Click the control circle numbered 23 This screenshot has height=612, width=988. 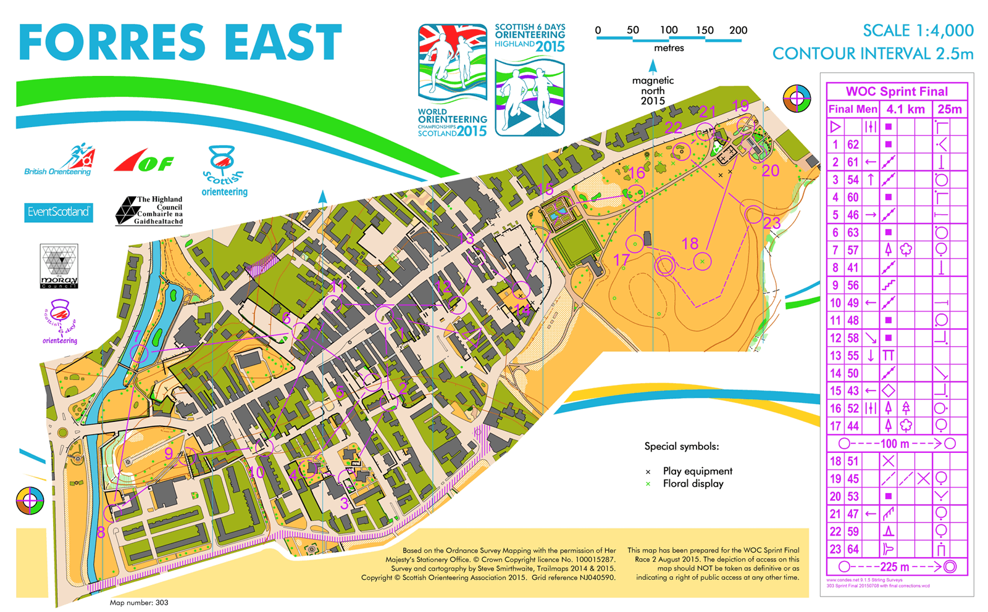point(753,215)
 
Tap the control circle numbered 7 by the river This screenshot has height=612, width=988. point(140,354)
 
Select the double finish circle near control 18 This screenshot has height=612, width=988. point(665,265)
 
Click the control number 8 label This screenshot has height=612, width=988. point(101,532)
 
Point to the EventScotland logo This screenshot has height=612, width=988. point(59,212)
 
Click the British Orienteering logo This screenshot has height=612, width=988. point(59,161)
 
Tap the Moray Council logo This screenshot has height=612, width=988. point(59,266)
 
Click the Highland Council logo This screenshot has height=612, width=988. point(149,210)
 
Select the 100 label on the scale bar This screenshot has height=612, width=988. point(669,30)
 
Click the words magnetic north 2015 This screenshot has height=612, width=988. point(653,90)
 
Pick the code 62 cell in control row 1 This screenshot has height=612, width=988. point(853,144)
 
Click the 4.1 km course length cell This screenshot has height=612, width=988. point(905,109)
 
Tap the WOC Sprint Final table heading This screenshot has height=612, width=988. point(897,91)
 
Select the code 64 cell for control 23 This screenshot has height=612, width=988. point(853,549)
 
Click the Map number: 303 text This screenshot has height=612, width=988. point(139,603)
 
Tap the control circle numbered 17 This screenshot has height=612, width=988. point(635,244)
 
